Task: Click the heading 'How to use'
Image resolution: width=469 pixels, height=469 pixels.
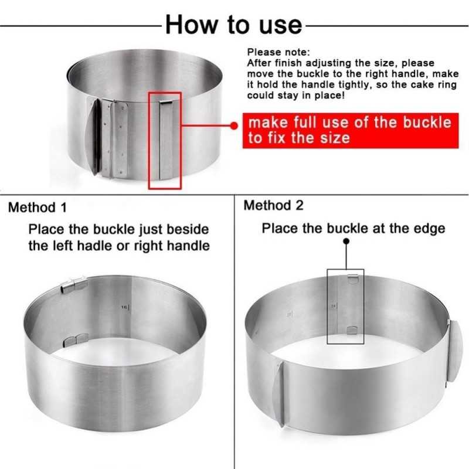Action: [x=233, y=25]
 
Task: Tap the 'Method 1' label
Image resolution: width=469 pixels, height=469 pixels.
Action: [x=38, y=208]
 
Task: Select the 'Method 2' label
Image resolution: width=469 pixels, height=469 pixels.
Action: [x=273, y=206]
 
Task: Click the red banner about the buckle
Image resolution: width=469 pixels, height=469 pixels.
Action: [x=350, y=130]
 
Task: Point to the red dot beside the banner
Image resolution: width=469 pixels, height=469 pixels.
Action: [x=234, y=125]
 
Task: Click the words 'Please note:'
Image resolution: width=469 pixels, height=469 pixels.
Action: [x=278, y=52]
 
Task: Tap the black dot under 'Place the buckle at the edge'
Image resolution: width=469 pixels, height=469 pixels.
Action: [x=346, y=241]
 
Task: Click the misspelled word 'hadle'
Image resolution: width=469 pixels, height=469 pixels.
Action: [x=95, y=246]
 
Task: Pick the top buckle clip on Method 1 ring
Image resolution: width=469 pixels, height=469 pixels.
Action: [x=74, y=285]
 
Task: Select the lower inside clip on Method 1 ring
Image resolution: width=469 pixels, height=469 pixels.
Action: [x=76, y=340]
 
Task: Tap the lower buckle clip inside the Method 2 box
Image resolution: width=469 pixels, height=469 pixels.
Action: [x=353, y=330]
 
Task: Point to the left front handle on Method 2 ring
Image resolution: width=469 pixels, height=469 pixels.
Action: [x=280, y=394]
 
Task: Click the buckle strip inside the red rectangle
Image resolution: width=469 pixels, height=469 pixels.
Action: [x=166, y=140]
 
